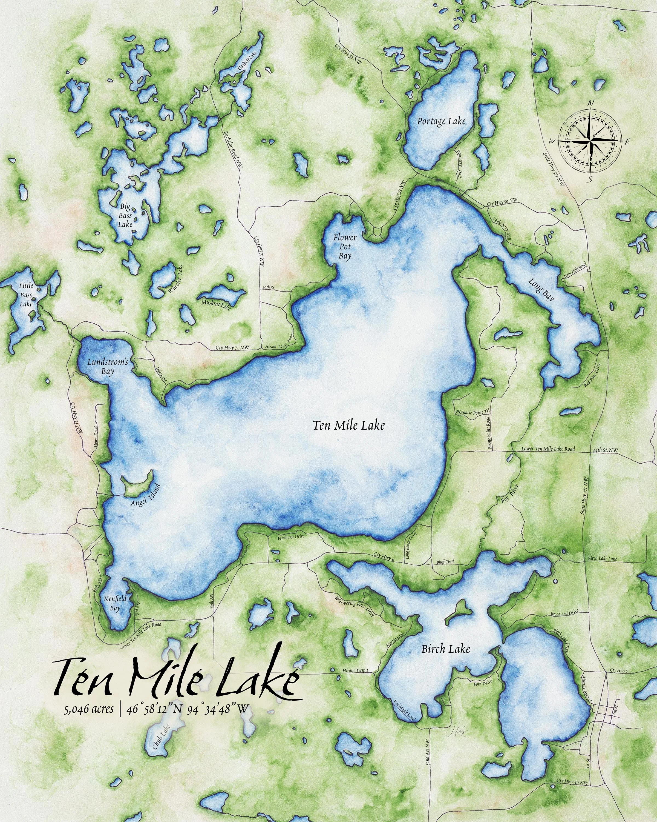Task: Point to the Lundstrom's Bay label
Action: pyautogui.click(x=105, y=366)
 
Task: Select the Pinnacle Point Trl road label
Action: pyautogui.click(x=475, y=413)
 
